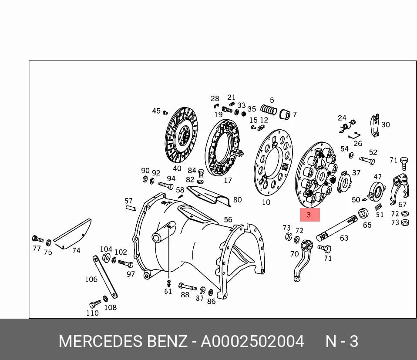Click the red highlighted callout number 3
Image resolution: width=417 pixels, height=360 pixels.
click(x=309, y=215)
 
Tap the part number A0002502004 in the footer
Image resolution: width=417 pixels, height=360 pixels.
click(x=252, y=341)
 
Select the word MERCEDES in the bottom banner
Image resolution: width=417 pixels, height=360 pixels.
click(x=101, y=341)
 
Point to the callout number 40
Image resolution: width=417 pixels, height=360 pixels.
click(x=177, y=168)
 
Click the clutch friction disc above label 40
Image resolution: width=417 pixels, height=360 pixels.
click(x=182, y=135)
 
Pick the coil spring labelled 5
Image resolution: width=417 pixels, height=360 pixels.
click(x=269, y=109)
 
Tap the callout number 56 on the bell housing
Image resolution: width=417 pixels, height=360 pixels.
click(x=228, y=220)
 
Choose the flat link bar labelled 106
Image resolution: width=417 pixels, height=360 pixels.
click(x=105, y=276)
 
